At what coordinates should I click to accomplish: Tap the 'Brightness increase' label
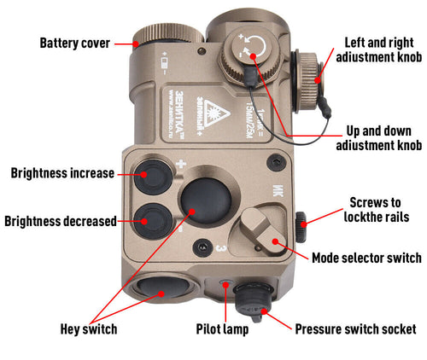click(x=62, y=173)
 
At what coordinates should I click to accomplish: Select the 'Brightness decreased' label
click(x=60, y=221)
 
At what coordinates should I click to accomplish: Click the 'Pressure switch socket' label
click(x=355, y=328)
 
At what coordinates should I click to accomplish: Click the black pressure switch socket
click(x=252, y=299)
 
